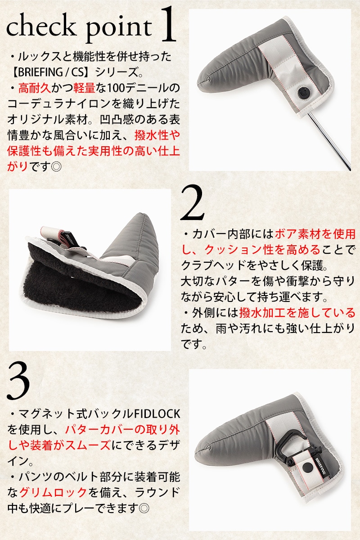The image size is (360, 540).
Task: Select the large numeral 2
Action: (x=192, y=202)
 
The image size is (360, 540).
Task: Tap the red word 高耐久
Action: (x=35, y=88)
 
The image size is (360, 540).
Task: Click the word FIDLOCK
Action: (x=157, y=414)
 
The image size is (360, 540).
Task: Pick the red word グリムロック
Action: (x=53, y=492)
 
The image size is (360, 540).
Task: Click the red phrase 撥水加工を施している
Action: (x=297, y=313)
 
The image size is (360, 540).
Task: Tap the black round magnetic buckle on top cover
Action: (x=304, y=92)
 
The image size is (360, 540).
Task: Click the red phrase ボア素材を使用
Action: (x=315, y=234)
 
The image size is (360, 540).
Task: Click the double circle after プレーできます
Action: (x=144, y=508)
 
